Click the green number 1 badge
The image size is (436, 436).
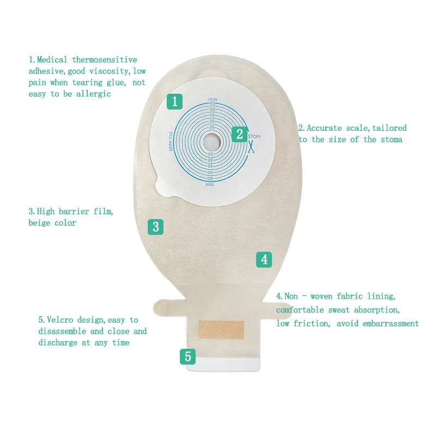point(174,101)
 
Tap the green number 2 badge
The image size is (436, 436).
point(239,134)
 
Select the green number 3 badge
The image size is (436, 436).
point(155,227)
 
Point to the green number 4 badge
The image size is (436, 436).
point(264,259)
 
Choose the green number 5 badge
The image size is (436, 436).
point(188,357)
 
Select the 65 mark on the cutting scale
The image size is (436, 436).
point(212,104)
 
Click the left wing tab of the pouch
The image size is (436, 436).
point(166,307)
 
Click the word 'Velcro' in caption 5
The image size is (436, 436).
point(60,320)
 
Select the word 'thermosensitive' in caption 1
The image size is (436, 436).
point(105,59)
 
